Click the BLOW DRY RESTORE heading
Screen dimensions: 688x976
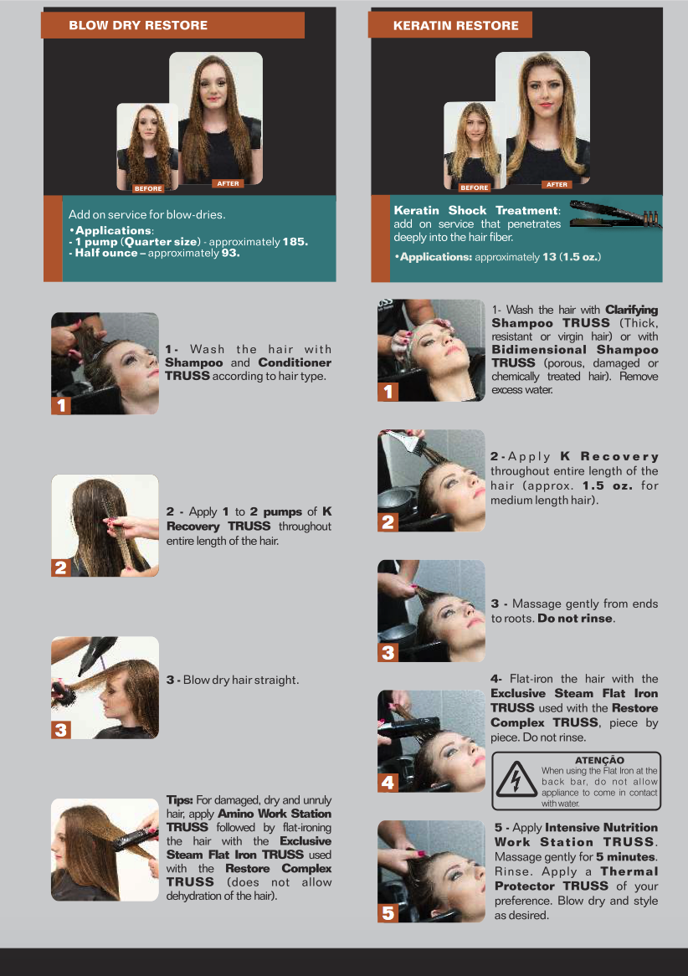pos(138,25)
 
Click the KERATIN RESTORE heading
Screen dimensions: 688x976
pos(456,25)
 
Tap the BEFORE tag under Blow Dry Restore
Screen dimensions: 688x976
pos(148,188)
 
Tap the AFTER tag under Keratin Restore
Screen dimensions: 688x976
pos(557,184)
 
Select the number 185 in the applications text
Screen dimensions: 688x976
pos(295,242)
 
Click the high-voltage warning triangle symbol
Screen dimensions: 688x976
pos(516,779)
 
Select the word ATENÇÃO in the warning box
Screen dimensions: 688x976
pos(599,760)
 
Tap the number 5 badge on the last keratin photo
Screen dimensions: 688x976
pos(388,912)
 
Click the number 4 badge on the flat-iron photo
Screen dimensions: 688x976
pos(388,782)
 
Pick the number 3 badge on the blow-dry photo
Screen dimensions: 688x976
pos(61,729)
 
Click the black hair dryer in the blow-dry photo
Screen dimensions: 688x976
pos(96,654)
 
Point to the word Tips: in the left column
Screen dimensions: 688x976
pos(179,800)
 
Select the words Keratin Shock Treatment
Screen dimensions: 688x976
pos(477,210)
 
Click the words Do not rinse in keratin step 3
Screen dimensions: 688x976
pos(575,619)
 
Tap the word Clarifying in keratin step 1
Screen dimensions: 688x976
pos(631,310)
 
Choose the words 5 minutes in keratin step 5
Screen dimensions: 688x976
pos(626,856)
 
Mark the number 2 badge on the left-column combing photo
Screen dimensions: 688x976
pos(61,567)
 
